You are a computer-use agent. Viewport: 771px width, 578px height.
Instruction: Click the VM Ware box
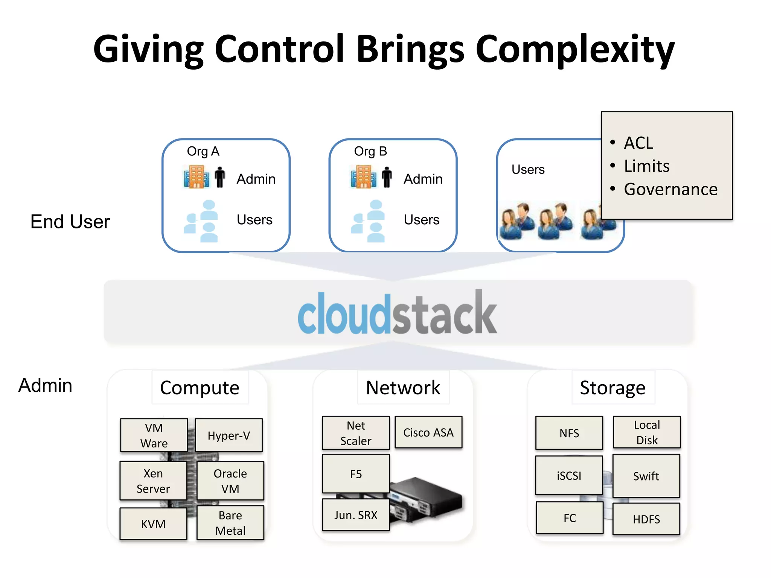coord(154,435)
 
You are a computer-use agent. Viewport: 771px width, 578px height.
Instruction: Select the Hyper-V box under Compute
coord(229,435)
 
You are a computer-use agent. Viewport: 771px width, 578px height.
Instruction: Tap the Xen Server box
coord(153,481)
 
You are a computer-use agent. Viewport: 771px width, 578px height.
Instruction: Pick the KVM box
coord(153,523)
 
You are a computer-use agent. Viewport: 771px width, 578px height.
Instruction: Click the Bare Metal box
coord(230,522)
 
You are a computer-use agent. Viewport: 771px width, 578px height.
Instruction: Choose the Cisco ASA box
coord(428,432)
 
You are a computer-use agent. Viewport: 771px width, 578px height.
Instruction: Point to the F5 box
coord(356,473)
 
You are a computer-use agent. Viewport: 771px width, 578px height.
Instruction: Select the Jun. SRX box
coord(356,514)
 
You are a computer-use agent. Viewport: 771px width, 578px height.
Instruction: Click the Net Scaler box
coord(356,433)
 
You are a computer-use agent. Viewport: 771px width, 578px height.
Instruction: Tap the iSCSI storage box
coord(569,475)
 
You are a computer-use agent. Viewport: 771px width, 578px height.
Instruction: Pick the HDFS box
coord(646,519)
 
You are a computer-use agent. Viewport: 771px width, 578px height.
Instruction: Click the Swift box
coord(646,476)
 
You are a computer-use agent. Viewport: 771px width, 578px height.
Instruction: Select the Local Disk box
coord(647,432)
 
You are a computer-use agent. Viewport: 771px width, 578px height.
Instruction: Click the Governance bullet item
coord(670,189)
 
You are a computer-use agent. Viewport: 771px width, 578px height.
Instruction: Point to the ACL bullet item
coord(638,143)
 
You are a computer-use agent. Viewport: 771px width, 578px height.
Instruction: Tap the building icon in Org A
coord(196,177)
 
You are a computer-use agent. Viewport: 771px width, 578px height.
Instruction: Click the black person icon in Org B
coord(387,177)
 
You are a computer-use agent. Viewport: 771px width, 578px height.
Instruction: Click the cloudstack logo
coord(398,312)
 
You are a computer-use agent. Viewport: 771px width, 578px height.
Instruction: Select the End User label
coord(70,221)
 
